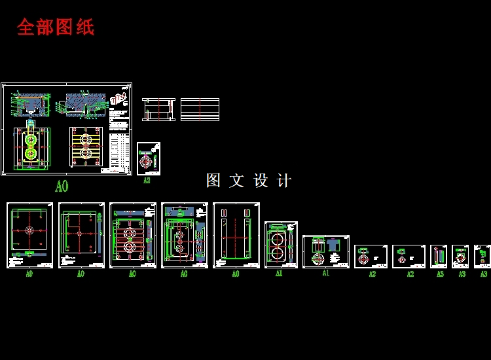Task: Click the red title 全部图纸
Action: pos(56,27)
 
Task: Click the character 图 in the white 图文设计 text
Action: pos(213,181)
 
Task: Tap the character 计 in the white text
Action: pos(284,181)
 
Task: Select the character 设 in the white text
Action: pos(261,181)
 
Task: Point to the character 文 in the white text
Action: pos(237,181)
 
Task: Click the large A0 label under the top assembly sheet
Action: pos(61,187)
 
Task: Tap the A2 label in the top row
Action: pos(147,181)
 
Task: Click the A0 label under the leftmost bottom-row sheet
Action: pos(29,274)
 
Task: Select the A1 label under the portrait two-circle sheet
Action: pos(279,274)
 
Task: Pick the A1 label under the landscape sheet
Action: pos(325,274)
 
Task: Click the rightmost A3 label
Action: pos(484,274)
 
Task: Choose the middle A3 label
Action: pos(462,274)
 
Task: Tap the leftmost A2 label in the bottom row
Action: pos(372,274)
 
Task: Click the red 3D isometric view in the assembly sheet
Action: pos(118,100)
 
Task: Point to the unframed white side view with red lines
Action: pos(158,109)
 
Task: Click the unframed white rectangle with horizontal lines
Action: pos(200,109)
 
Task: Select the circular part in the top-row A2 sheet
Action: pos(146,160)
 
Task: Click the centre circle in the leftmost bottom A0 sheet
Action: pos(29,231)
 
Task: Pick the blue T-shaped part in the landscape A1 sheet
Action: pos(333,243)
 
